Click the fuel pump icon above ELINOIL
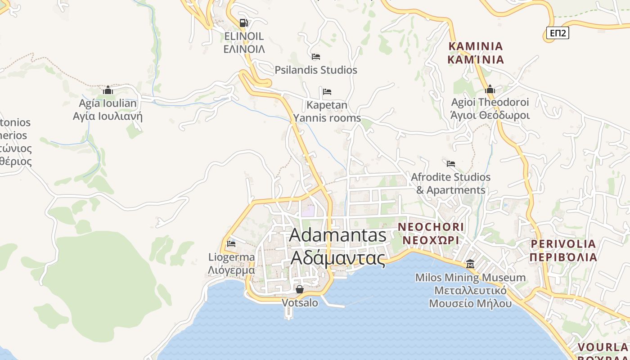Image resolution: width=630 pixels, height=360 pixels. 243,22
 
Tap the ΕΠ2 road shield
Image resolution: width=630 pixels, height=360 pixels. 558,33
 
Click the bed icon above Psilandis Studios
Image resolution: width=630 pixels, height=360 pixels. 316,57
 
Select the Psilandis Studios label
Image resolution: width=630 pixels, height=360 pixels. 316,70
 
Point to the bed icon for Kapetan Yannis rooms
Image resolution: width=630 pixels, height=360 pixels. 327,92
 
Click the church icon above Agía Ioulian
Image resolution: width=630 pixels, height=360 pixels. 108,90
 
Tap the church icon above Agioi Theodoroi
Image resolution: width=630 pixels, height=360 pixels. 490,90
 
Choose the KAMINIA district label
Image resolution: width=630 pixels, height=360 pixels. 476,46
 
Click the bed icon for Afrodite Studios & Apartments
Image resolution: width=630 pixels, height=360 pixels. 451,163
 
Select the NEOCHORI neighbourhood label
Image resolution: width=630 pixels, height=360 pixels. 431,227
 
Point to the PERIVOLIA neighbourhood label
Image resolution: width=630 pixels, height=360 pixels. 563,244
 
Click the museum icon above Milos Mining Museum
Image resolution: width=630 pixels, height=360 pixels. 470,264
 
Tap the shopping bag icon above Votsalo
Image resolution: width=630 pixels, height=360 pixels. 299,289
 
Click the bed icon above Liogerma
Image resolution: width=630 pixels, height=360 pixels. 231,244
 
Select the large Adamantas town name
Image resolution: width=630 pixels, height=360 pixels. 338,235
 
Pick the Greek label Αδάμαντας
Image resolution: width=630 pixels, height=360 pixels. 338,258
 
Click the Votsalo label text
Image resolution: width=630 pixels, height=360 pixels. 300,303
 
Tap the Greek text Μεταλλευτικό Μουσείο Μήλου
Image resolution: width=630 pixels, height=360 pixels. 470,297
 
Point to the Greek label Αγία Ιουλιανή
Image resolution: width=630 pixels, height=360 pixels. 108,117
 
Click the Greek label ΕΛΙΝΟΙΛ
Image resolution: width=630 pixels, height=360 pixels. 244,49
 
